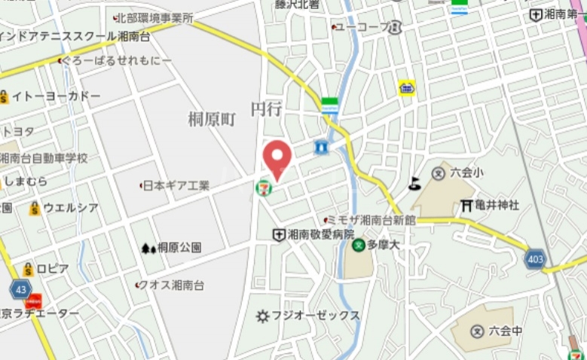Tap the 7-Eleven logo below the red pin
tap(264, 185)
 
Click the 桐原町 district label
tap(212, 118)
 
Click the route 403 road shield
tap(535, 259)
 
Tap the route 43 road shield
tap(21, 288)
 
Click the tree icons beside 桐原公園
tap(148, 247)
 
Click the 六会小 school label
tap(466, 172)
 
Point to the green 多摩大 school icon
tap(360, 245)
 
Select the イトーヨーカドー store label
tap(55, 96)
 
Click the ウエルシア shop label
tap(70, 208)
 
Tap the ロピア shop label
tap(53, 269)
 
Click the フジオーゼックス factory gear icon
tap(263, 316)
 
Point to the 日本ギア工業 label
tap(176, 185)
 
